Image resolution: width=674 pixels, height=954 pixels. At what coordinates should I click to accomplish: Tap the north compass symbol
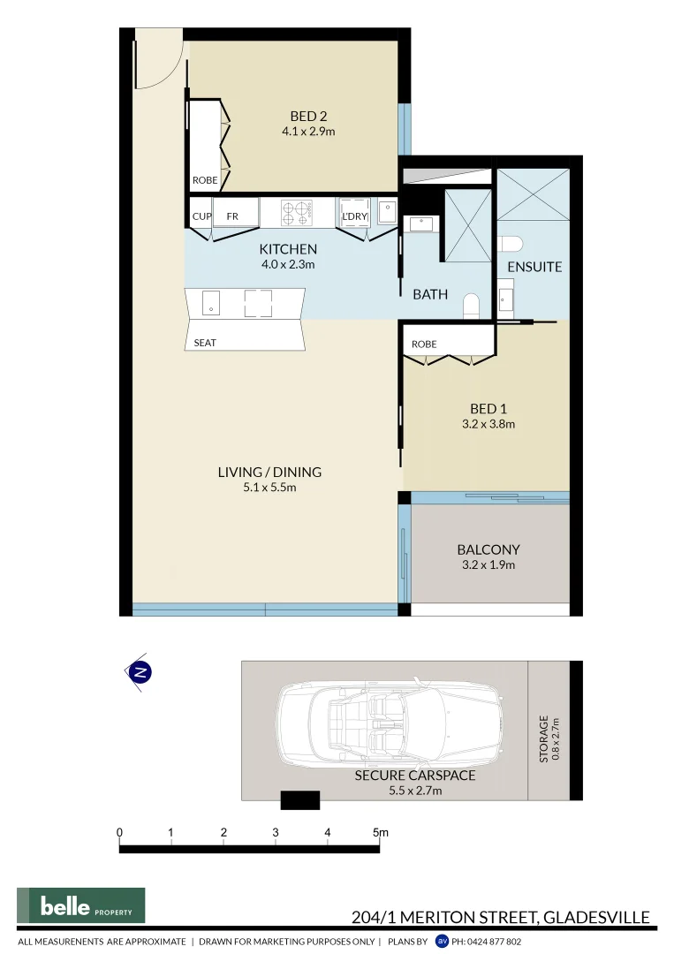click(140, 672)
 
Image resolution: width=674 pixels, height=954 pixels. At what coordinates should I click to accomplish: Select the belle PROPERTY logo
click(80, 905)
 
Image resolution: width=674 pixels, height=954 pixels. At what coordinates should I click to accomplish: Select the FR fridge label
click(232, 216)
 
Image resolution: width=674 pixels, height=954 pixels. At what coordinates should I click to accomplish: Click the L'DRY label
click(354, 216)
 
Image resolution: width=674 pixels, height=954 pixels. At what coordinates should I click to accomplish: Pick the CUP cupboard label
click(201, 216)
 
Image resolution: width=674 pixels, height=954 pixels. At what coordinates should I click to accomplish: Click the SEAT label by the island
click(205, 343)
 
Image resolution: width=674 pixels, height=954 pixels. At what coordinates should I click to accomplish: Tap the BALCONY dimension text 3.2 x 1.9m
click(488, 565)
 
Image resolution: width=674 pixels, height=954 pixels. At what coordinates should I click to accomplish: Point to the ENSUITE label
click(534, 266)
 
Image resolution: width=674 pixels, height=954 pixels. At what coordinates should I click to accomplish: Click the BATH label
click(430, 295)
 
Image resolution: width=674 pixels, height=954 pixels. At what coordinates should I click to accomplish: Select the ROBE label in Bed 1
click(424, 344)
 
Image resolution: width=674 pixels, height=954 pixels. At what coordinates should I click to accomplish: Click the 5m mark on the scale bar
click(380, 833)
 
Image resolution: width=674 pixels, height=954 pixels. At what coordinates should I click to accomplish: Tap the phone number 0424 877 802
click(486, 943)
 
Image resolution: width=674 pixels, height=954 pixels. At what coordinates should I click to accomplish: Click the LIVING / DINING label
click(269, 472)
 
